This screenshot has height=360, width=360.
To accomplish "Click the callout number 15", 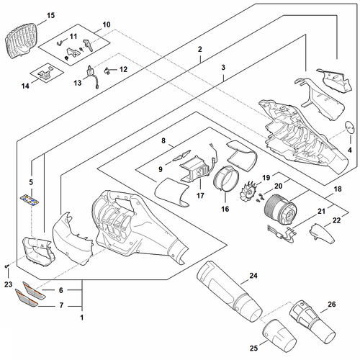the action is point(50,16).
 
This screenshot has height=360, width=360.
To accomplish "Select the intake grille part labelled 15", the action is point(21,41).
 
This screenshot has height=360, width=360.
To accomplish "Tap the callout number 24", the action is point(253,276).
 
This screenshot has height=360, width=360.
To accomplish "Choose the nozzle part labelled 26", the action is point(312,321).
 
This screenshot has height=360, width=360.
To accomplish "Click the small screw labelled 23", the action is point(6,266).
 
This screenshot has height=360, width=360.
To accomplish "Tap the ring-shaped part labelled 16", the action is point(226,179).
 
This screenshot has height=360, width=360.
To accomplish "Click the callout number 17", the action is point(200,196).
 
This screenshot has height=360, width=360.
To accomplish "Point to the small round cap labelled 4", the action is point(350,126).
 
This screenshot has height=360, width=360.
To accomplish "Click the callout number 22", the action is point(336,220).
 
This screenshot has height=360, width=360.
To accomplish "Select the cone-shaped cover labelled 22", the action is point(321,233).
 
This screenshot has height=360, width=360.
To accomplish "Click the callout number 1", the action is point(82,318).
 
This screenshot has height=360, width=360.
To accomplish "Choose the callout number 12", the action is point(123,69).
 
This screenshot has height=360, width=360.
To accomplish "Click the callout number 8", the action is point(163,140).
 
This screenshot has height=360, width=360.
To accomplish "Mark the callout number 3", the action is point(223,68).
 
